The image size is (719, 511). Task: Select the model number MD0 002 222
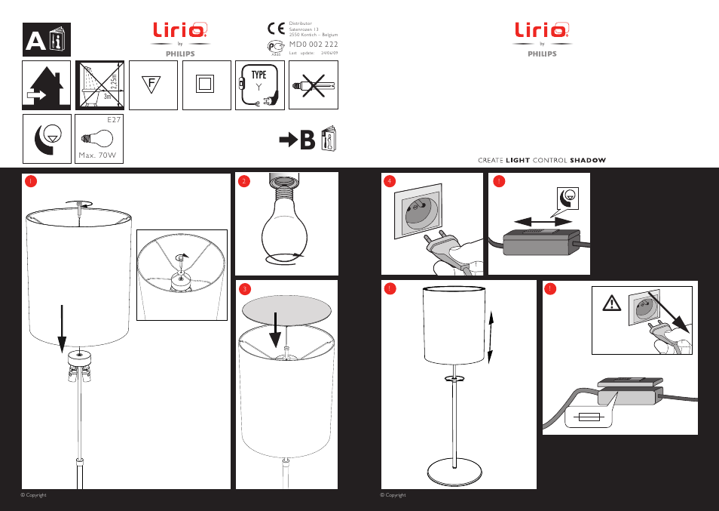click(314, 45)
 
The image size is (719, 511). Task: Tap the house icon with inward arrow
click(46, 85)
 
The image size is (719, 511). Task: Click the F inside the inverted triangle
click(151, 82)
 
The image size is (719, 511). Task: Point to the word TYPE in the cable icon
click(259, 75)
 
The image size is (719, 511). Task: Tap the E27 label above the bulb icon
click(114, 120)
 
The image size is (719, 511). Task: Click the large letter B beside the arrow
click(307, 140)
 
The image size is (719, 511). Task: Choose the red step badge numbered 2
click(243, 181)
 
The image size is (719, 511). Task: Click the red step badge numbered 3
click(243, 289)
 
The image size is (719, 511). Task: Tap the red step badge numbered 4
click(389, 181)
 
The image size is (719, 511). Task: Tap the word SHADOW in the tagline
click(588, 160)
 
